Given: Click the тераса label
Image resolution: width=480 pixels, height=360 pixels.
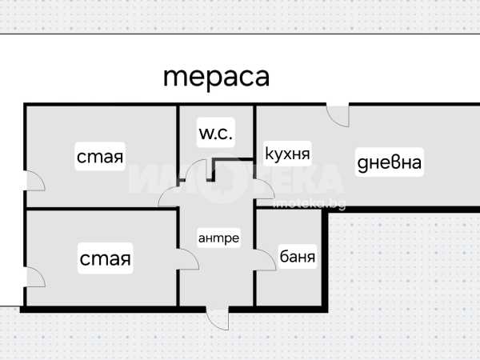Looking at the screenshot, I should point(216,77).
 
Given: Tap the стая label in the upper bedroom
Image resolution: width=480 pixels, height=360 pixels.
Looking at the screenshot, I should point(100,157).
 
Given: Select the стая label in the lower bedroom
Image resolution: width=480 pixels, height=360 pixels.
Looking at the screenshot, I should point(105,258).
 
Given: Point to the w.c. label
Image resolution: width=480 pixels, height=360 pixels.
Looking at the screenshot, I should point(216,134).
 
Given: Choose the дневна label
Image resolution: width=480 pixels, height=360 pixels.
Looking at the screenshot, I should point(389,163).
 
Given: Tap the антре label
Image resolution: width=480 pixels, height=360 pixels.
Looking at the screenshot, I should point(218,238).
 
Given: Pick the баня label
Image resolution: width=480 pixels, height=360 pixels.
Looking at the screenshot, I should point(297,257).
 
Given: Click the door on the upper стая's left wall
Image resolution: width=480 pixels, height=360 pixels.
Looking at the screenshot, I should point(35,182).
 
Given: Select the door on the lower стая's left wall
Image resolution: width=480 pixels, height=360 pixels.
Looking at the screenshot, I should point(35,276).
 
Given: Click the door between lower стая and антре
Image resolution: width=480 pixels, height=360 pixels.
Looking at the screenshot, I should point(186,258).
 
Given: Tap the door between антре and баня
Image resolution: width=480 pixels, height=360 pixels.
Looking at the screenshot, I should point(263,258).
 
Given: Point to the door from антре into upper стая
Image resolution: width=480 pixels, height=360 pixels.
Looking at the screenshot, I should point(170,194).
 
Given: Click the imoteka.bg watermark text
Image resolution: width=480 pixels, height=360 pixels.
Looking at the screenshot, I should point(309,205).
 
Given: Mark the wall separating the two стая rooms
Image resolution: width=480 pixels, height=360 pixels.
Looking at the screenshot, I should point(101,210).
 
